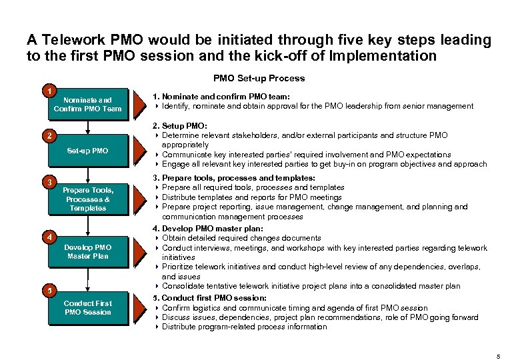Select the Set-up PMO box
coord(87,151)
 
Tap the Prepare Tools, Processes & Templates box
coord(87,199)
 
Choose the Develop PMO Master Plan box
coord(87,251)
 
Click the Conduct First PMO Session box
coord(87,307)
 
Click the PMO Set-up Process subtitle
coord(259,78)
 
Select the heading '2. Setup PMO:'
coord(180,125)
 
